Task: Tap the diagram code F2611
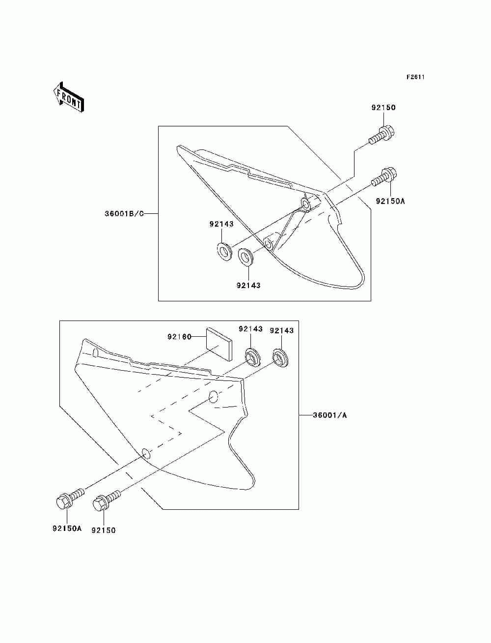coord(415,77)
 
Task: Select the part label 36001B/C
coord(124,214)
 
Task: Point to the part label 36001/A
coord(330,415)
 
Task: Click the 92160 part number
coord(179,337)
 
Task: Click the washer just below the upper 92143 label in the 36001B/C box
coord(224,251)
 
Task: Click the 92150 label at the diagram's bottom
coord(104,530)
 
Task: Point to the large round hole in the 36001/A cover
coord(213,397)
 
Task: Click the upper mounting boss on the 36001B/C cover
coord(306,204)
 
